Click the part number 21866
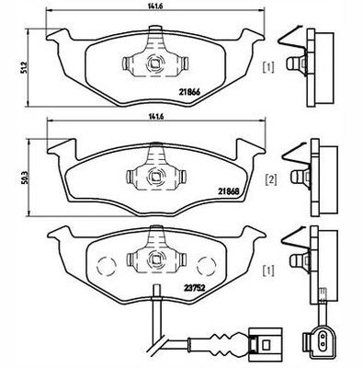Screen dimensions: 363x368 [x=189, y=92]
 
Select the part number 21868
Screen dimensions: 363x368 [x=228, y=192]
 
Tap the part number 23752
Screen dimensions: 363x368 [x=194, y=288]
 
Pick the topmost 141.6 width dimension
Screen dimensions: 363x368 [x=154, y=6]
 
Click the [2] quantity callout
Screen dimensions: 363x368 [x=272, y=180]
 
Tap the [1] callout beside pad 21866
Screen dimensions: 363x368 [x=268, y=67]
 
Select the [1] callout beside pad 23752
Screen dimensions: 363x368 [x=269, y=270]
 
